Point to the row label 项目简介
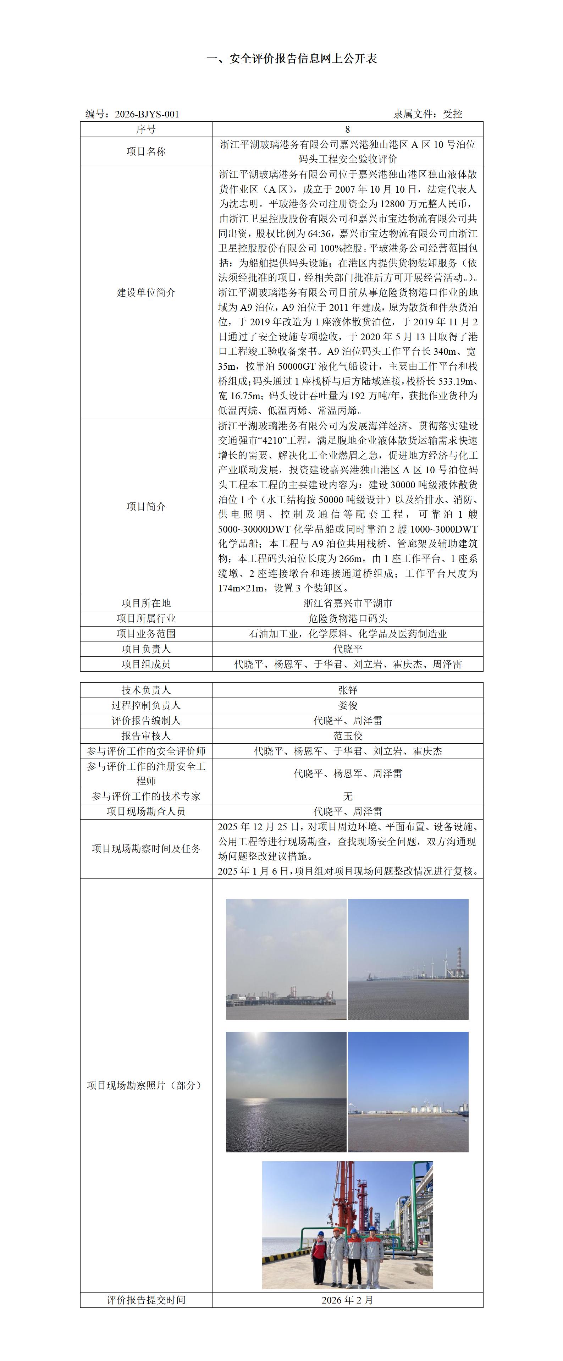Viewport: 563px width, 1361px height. pos(146,507)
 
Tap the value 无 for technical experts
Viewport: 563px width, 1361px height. pos(348,796)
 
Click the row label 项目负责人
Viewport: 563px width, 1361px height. pos(146,649)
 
